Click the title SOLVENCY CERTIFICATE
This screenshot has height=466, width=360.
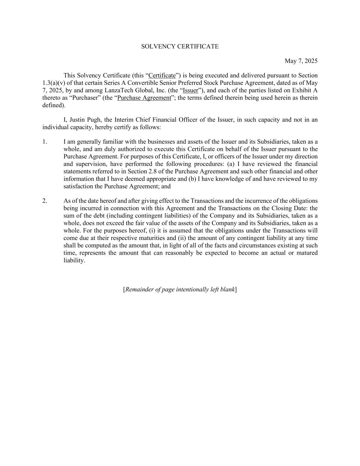(x=180, y=46)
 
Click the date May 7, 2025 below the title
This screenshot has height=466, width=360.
(x=301, y=61)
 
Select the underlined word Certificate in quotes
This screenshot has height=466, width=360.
(x=162, y=75)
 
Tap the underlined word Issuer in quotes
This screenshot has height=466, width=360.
(x=190, y=90)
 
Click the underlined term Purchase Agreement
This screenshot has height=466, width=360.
(x=144, y=98)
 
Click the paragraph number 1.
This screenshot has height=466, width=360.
(x=45, y=142)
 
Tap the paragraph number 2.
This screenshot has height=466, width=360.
(x=45, y=201)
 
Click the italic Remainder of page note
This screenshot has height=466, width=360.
(x=180, y=290)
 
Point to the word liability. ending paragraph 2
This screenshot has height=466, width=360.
(x=74, y=260)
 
